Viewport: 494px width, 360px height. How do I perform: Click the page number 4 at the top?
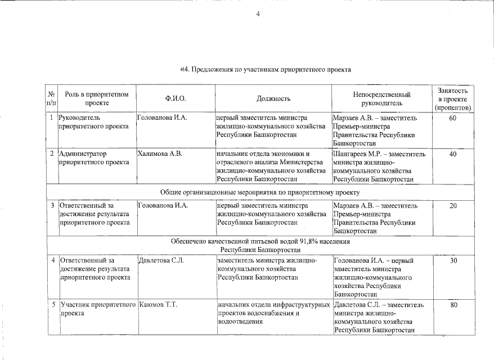[258, 14]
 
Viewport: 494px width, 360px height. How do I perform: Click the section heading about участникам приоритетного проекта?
[265, 70]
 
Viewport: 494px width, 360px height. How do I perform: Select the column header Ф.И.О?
[176, 98]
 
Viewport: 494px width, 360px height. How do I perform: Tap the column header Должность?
[273, 98]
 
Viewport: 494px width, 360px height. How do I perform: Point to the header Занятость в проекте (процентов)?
[453, 98]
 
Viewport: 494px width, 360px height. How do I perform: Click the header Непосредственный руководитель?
[381, 98]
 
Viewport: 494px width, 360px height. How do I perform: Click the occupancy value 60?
[453, 118]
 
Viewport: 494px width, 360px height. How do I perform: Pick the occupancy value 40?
[453, 154]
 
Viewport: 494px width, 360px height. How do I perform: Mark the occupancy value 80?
[453, 305]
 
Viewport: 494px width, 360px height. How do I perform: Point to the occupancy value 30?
[453, 261]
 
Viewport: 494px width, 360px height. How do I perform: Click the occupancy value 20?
[453, 206]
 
